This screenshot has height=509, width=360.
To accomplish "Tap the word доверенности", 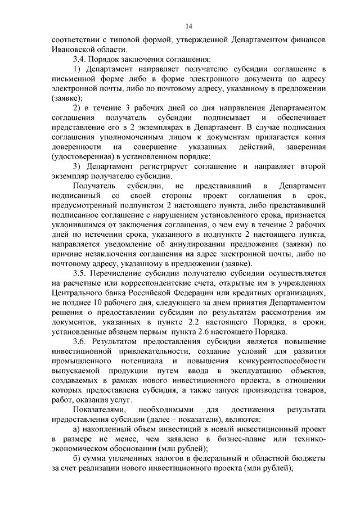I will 75,147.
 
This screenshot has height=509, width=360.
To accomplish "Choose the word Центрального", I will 77,294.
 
